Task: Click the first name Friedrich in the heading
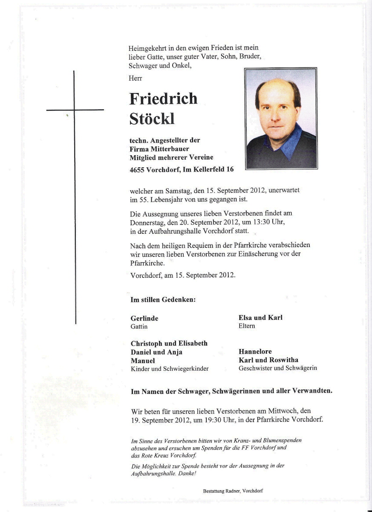(x=163, y=99)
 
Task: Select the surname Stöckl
(x=152, y=119)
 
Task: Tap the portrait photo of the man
(x=281, y=118)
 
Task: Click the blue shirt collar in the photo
(x=290, y=143)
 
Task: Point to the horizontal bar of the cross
(x=75, y=110)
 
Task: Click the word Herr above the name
(x=135, y=79)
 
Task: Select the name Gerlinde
(x=144, y=318)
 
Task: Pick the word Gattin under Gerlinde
(x=139, y=326)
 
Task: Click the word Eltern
(x=247, y=326)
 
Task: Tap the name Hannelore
(x=255, y=352)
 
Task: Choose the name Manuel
(x=143, y=361)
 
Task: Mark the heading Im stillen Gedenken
(x=163, y=300)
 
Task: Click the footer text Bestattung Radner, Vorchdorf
(x=233, y=491)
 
